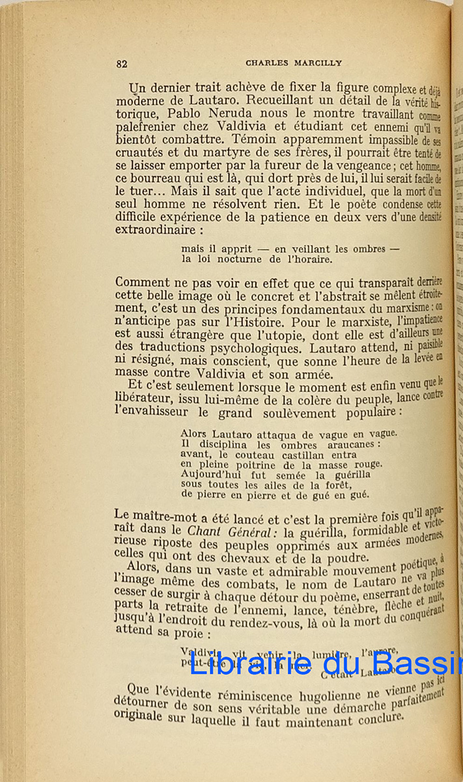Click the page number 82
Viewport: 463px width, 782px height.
point(122,63)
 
